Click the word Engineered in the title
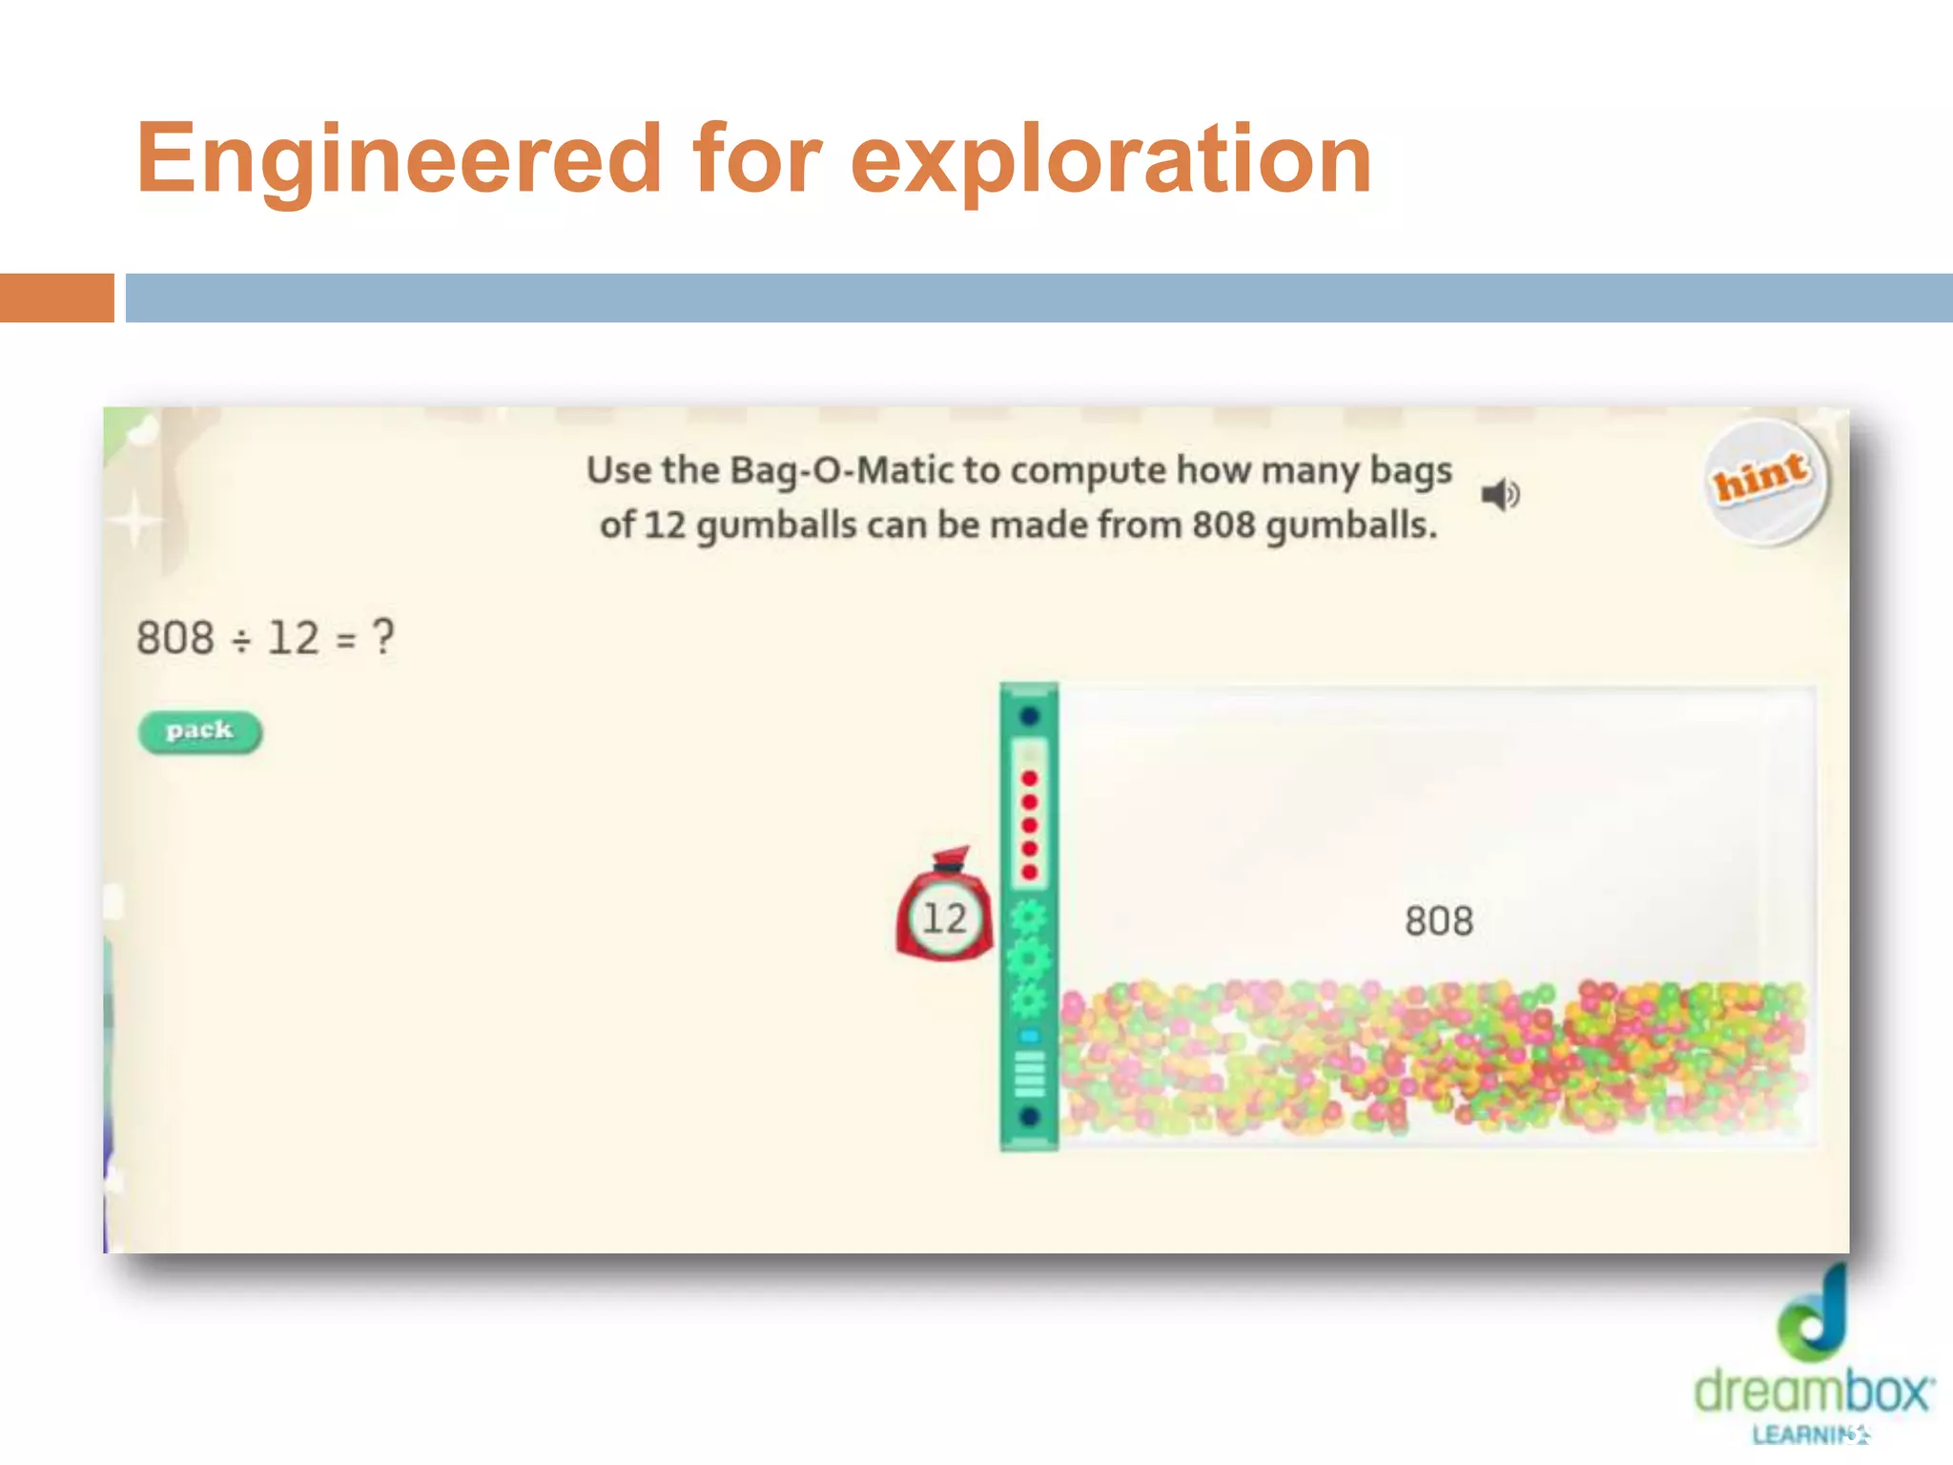tap(399, 158)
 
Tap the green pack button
tap(199, 732)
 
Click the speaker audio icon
tap(1499, 495)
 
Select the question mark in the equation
tap(382, 636)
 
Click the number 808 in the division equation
tap(175, 637)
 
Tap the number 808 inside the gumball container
tap(1438, 921)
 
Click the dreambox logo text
tap(1812, 1393)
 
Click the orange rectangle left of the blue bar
tap(56, 298)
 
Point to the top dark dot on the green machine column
tap(1029, 715)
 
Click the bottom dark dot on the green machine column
tap(1029, 1116)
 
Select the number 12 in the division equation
tap(293, 637)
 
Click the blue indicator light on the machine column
tap(1029, 1036)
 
